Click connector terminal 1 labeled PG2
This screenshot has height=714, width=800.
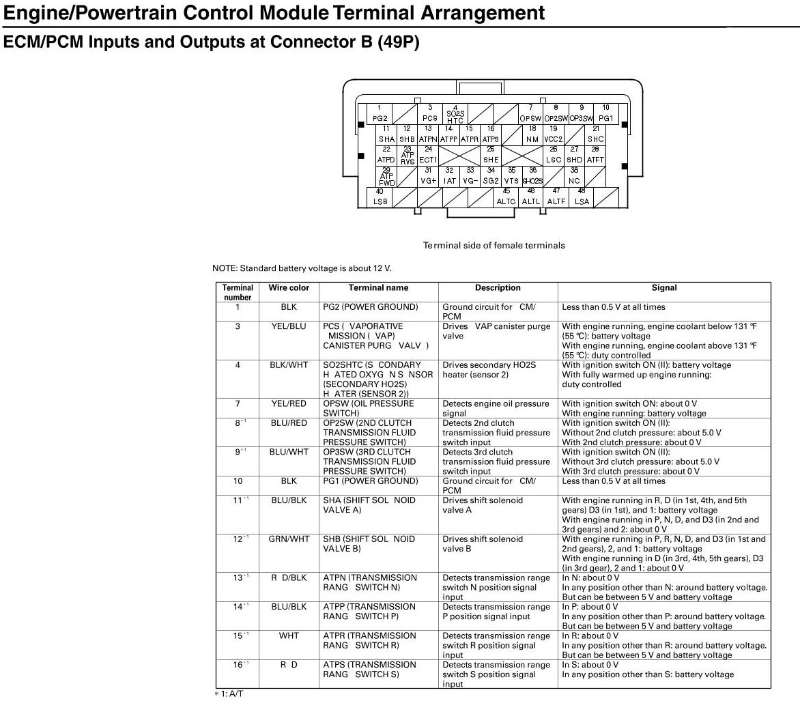click(380, 114)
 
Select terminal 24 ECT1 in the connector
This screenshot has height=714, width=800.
click(428, 155)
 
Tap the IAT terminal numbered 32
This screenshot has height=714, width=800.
click(449, 176)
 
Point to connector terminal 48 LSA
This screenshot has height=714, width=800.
click(582, 197)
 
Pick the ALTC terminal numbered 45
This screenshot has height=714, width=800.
click(506, 197)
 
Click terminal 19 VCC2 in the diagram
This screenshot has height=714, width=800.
click(554, 134)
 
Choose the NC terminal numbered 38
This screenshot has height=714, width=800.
click(574, 176)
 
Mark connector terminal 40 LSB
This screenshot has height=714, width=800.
click(380, 197)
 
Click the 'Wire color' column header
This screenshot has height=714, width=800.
click(289, 288)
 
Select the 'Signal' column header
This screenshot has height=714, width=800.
click(664, 288)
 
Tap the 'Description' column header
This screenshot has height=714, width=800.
click(498, 288)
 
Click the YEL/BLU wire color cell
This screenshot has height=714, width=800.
click(289, 326)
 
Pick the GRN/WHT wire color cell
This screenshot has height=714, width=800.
click(289, 539)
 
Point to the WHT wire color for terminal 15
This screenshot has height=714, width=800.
click(289, 636)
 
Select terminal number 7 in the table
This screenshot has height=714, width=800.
click(238, 404)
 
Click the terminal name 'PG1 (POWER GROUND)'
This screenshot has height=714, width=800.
click(370, 481)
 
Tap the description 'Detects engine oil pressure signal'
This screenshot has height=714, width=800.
click(496, 408)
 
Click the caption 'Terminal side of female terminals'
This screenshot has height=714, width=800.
click(494, 245)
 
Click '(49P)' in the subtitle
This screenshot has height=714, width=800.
click(395, 42)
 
